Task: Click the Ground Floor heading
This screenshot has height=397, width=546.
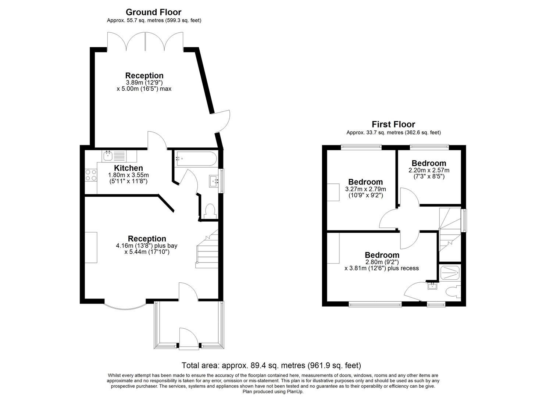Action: tap(153, 12)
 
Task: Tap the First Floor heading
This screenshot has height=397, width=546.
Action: tap(393, 124)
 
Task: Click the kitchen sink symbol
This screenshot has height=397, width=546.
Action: tap(108, 156)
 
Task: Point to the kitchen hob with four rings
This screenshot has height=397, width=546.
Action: tap(91, 175)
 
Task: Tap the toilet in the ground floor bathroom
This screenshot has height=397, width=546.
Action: tap(210, 211)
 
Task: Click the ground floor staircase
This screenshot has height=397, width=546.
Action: tap(207, 250)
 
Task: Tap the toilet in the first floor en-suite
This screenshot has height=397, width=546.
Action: tap(453, 292)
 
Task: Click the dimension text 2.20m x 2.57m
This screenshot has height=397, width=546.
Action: tap(429, 171)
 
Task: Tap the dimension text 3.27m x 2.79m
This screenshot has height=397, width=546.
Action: tap(365, 189)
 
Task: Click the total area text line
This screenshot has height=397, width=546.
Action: tap(271, 365)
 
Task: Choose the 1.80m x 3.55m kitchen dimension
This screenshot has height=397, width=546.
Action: tap(128, 175)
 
